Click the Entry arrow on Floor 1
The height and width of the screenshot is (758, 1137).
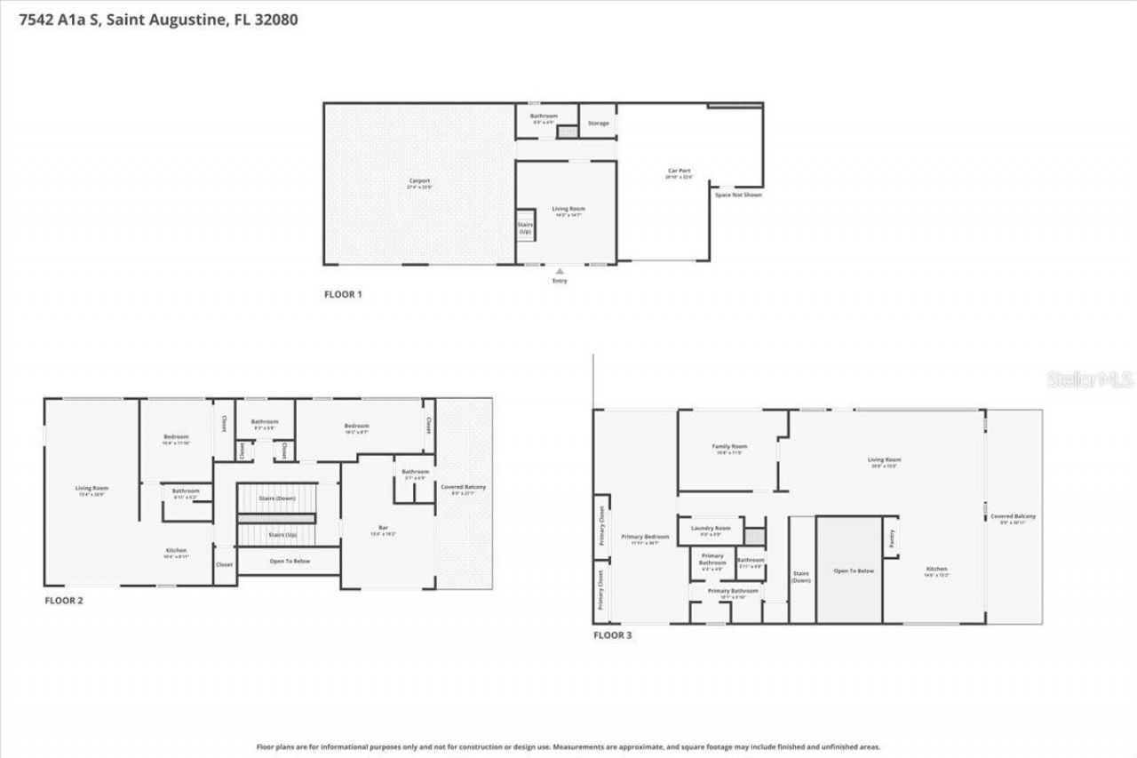click(559, 271)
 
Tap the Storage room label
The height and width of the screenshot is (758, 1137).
click(599, 123)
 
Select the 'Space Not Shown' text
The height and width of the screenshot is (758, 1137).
click(738, 195)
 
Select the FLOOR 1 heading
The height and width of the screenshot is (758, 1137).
click(343, 294)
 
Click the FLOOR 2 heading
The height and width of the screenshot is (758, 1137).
click(64, 601)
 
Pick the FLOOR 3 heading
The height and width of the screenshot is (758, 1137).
click(612, 635)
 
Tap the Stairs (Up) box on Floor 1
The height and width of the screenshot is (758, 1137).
click(525, 227)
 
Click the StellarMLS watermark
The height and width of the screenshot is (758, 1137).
click(1090, 379)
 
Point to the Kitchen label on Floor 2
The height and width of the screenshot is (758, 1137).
click(176, 553)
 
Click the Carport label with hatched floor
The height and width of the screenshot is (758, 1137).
click(419, 183)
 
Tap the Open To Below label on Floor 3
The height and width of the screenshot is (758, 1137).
click(853, 570)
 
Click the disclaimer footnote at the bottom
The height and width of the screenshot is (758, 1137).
click(568, 747)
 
